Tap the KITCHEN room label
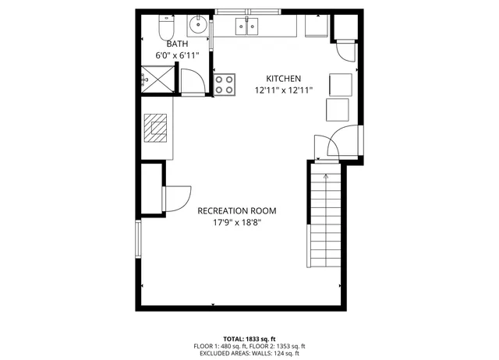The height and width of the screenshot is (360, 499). pyautogui.click(x=283, y=79)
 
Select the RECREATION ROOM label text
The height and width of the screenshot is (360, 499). pyautogui.click(x=236, y=210)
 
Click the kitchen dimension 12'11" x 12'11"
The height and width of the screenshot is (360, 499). pyautogui.click(x=283, y=90)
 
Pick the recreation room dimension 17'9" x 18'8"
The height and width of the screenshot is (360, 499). pyautogui.click(x=236, y=222)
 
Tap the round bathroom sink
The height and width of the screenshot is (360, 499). pyautogui.click(x=199, y=23)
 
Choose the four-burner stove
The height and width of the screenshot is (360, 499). pyautogui.click(x=225, y=83)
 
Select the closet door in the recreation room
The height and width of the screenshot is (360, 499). pyautogui.click(x=178, y=198)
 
